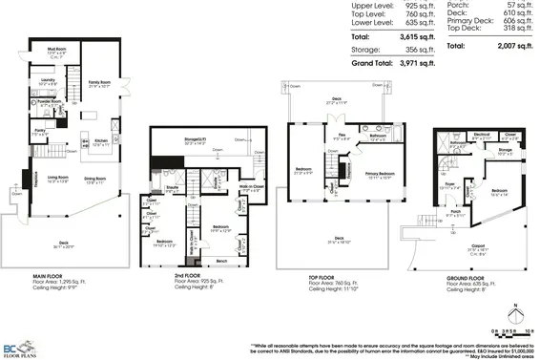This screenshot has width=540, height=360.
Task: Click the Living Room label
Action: point(55,177)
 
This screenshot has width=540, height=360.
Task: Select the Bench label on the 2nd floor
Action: point(221,260)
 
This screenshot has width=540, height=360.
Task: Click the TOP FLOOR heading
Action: point(300,276)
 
